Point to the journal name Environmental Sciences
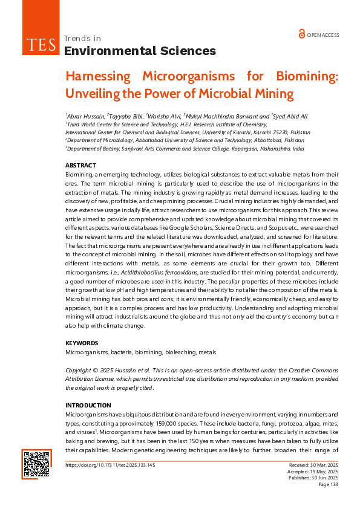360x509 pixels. coord(139,51)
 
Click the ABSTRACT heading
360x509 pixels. coord(80,166)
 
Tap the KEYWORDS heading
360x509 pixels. coord(81,343)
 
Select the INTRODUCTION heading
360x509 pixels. coord(88,405)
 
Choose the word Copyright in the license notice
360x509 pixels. coord(79,370)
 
